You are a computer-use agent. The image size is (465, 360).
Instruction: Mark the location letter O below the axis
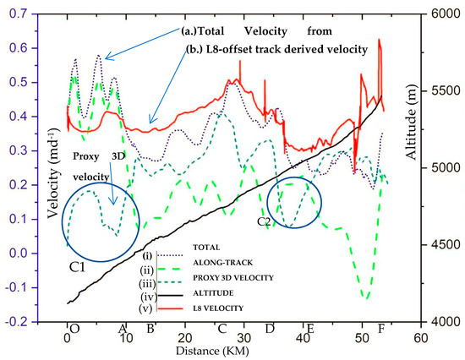(74, 328)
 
